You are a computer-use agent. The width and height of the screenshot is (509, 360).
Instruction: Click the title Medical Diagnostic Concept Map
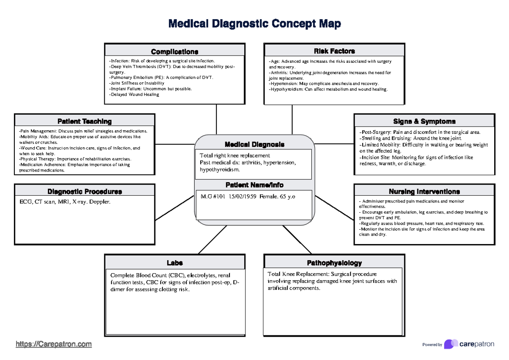pyautogui.click(x=255, y=24)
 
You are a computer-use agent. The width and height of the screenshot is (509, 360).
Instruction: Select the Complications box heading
pyautogui.click(x=174, y=52)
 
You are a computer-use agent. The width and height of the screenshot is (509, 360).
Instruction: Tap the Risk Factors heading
pyautogui.click(x=334, y=51)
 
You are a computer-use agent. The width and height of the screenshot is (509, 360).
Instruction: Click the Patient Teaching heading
pyautogui.click(x=84, y=122)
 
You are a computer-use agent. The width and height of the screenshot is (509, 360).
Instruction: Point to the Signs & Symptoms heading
pyautogui.click(x=424, y=121)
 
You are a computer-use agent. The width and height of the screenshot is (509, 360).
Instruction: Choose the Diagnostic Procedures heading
pyautogui.click(x=84, y=191)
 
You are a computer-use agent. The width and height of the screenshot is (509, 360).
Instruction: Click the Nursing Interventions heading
pyautogui.click(x=424, y=191)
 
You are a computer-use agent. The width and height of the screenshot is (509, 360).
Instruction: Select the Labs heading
pyautogui.click(x=174, y=263)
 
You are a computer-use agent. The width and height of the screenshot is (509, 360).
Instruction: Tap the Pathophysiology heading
pyautogui.click(x=334, y=263)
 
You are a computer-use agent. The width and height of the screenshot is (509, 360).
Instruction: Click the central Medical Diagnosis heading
pyautogui.click(x=255, y=144)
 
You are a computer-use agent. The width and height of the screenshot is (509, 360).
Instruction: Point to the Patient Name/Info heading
pyautogui.click(x=255, y=185)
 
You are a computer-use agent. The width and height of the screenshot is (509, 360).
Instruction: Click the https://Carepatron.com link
pyautogui.click(x=53, y=344)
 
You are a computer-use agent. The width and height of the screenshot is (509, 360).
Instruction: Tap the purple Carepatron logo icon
pyautogui.click(x=450, y=344)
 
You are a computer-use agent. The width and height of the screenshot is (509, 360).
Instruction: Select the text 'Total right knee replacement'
pyautogui.click(x=235, y=156)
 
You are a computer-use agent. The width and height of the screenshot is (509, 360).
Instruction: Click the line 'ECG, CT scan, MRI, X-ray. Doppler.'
pyautogui.click(x=64, y=202)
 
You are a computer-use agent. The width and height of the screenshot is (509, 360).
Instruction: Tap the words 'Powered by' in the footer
pyautogui.click(x=432, y=345)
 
